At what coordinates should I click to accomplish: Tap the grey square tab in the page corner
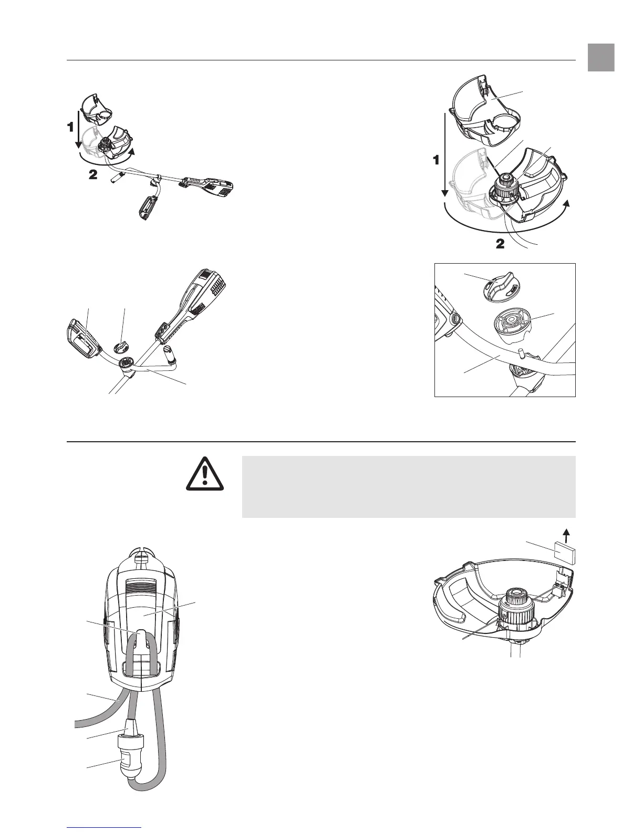click(x=601, y=57)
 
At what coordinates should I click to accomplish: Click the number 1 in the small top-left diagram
click(x=69, y=127)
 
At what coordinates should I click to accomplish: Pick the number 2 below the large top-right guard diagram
click(x=500, y=244)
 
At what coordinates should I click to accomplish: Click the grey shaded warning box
click(x=408, y=486)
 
